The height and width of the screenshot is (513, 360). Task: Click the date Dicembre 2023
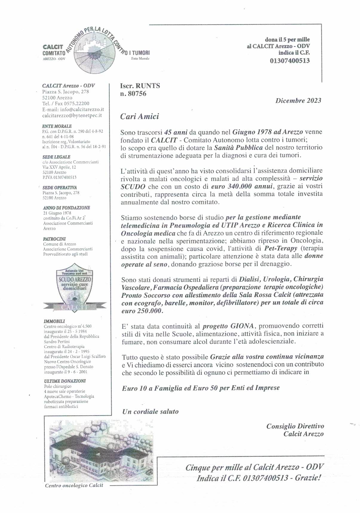click(x=298, y=100)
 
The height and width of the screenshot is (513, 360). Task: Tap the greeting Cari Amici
click(x=139, y=116)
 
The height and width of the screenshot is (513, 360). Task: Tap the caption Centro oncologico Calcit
click(x=74, y=485)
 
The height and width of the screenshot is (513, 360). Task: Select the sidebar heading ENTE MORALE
click(x=57, y=126)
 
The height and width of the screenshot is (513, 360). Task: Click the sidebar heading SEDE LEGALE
click(x=56, y=157)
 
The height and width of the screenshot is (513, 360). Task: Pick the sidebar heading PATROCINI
click(x=54, y=239)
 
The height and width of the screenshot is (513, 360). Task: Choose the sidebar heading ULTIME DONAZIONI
click(x=64, y=381)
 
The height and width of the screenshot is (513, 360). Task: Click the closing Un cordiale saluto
click(x=150, y=411)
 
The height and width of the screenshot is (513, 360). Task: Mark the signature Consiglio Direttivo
click(x=295, y=426)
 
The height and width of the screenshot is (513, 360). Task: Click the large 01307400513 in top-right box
click(x=289, y=61)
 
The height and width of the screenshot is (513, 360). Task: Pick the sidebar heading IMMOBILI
click(x=54, y=321)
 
